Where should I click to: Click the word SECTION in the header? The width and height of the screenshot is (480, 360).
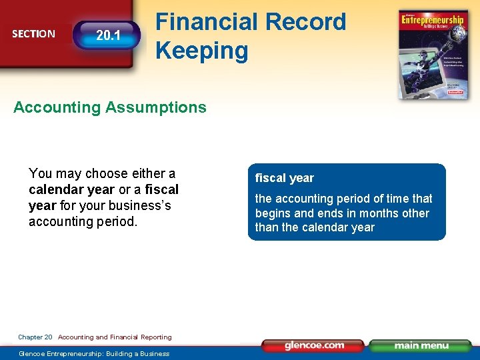point(33,33)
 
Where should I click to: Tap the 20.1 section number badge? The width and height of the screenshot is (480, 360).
point(108,35)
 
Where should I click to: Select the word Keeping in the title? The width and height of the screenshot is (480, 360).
point(201,50)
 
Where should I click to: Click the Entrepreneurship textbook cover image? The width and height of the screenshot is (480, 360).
point(433,55)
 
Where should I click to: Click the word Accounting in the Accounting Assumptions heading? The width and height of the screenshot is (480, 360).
point(55,107)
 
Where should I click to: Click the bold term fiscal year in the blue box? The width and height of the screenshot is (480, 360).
point(284,178)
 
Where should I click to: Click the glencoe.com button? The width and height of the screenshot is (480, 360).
point(313,345)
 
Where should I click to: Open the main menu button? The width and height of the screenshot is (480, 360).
point(421,345)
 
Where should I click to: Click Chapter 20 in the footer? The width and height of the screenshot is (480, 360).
point(35,337)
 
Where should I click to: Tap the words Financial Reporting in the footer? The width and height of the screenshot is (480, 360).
point(141,337)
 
